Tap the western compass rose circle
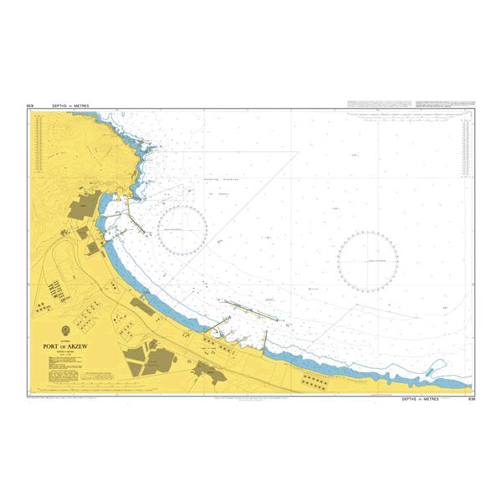182,229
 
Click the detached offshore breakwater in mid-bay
252,310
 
